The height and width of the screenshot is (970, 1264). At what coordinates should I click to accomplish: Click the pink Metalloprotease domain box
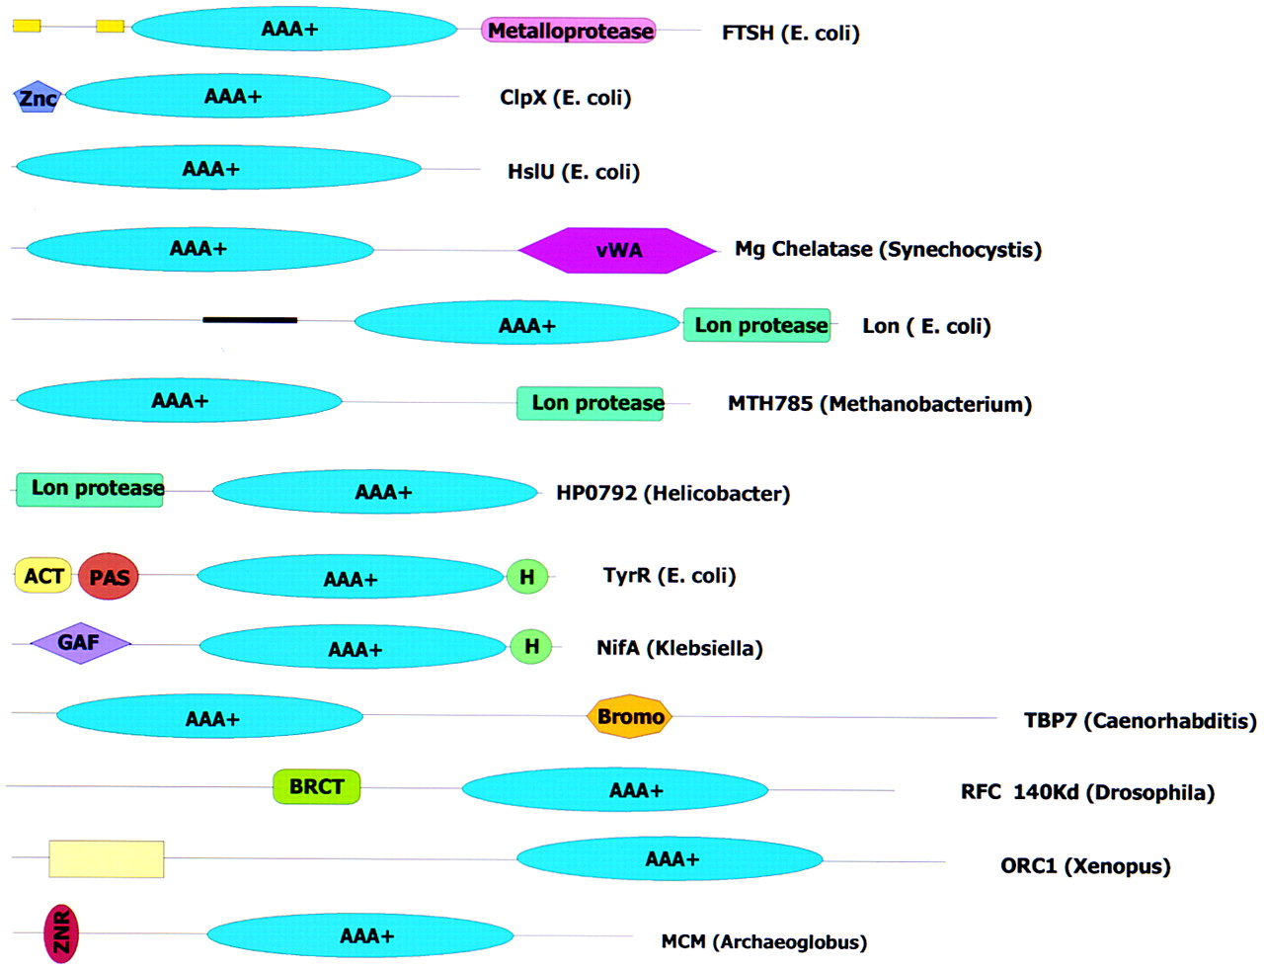point(568,31)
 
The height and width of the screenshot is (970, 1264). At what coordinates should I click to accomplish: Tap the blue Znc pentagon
point(38,97)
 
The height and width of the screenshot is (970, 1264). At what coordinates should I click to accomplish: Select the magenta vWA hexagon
point(617,250)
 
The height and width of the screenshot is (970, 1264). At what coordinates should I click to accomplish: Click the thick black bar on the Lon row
point(250,320)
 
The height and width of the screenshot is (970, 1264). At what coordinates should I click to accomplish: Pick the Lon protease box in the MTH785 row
point(590,403)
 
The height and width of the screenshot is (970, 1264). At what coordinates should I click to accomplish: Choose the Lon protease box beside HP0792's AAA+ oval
point(90,490)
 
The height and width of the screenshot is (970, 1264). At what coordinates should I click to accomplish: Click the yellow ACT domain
point(43,576)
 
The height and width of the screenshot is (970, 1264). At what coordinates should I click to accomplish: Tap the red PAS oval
point(109,577)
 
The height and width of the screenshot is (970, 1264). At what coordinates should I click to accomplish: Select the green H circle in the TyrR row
point(527,577)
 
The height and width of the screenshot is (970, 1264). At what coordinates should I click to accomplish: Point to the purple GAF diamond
point(80,643)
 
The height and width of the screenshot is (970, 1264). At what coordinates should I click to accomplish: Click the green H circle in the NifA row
point(531,646)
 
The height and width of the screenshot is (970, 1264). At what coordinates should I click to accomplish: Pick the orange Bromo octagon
point(629,716)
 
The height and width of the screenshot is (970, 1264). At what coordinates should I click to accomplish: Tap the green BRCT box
point(316,786)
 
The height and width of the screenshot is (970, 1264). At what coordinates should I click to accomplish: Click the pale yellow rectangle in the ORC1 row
point(107,858)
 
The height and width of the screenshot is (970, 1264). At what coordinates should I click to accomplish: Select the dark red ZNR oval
point(61,933)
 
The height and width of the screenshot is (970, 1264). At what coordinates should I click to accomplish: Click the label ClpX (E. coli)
point(566,98)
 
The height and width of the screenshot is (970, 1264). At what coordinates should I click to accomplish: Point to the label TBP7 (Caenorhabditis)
point(1141,721)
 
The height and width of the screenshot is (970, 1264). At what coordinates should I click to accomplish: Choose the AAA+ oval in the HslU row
point(218,168)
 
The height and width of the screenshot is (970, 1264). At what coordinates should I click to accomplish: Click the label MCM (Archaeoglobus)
point(763,941)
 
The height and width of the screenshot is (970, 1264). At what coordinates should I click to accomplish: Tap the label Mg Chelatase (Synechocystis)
point(888,250)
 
